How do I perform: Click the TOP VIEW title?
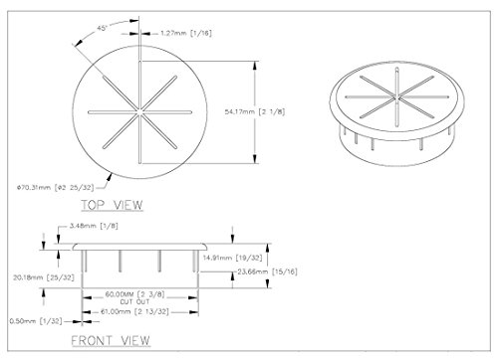(113, 205)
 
